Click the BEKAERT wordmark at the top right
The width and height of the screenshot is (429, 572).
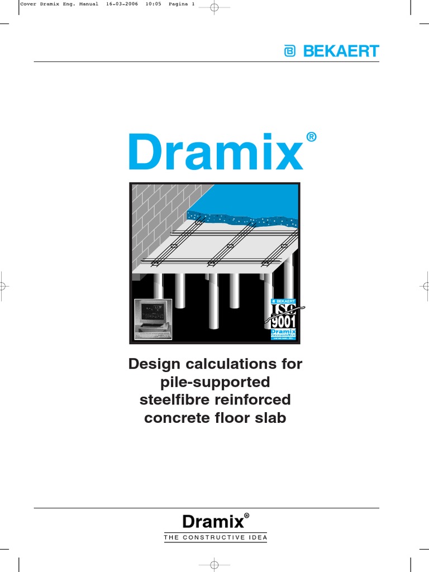(x=341, y=51)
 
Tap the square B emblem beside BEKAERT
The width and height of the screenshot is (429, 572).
(x=290, y=51)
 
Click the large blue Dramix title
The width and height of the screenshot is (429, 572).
(x=216, y=152)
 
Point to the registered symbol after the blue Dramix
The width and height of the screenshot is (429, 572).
(x=312, y=137)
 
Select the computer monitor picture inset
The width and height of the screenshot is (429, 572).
(x=153, y=318)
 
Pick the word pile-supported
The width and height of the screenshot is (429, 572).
(x=214, y=382)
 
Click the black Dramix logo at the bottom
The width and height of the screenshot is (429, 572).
(x=213, y=522)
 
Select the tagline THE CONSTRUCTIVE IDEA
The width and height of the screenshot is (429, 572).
(x=215, y=538)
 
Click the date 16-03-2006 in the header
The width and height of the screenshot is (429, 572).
(x=121, y=4)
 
